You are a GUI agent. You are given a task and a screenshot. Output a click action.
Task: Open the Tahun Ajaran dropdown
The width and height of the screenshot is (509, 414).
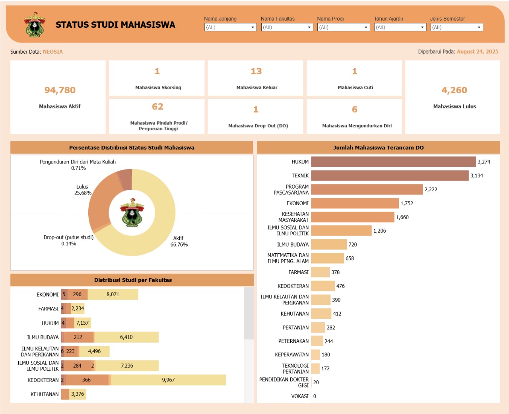(400, 27)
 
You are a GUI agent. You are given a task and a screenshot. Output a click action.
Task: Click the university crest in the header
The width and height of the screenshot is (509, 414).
(35, 25)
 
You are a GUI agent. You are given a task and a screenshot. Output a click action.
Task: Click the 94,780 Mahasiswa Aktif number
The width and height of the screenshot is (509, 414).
(60, 91)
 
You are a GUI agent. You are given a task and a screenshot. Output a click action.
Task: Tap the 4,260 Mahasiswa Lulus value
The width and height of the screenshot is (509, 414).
(454, 91)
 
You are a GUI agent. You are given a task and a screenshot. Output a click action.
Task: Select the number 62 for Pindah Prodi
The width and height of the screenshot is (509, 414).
(157, 107)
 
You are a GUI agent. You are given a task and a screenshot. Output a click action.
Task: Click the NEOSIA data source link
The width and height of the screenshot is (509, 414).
(53, 52)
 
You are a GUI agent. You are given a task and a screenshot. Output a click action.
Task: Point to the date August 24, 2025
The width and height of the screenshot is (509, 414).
(477, 52)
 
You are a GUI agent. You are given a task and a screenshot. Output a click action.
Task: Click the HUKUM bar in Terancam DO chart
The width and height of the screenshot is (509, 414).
(393, 162)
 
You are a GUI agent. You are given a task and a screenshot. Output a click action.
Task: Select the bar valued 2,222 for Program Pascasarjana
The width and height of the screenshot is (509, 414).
(367, 189)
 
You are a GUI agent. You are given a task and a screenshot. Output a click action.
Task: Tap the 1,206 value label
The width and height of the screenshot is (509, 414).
(379, 231)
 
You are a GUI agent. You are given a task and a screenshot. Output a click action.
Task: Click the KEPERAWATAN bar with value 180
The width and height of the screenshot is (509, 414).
(315, 355)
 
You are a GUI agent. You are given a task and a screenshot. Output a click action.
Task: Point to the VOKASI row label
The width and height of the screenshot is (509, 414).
(300, 396)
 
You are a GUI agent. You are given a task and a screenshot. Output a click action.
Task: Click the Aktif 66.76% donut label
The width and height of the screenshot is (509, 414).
(179, 241)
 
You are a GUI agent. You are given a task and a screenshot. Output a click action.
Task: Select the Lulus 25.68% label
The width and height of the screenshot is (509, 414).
(83, 190)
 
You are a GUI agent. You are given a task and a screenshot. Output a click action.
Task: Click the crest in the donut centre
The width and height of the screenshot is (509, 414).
(132, 212)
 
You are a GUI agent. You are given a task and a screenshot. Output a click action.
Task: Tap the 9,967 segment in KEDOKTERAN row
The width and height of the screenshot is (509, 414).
(168, 380)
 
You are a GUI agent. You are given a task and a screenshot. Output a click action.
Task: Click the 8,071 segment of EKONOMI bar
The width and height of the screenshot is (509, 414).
(113, 295)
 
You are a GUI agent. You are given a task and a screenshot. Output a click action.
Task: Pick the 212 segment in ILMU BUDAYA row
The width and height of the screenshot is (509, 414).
(78, 337)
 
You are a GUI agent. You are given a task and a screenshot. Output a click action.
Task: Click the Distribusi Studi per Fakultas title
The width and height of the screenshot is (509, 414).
(133, 280)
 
